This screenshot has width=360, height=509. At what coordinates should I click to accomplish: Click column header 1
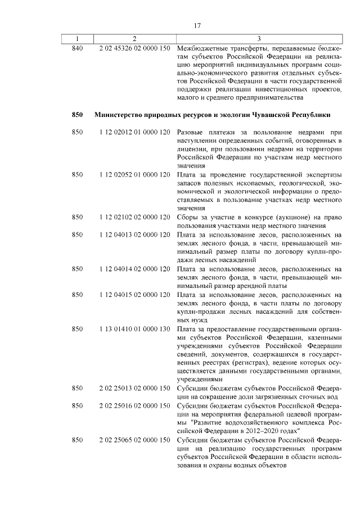78,38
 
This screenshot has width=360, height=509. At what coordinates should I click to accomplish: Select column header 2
134,38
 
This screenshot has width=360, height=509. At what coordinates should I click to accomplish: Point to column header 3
258,38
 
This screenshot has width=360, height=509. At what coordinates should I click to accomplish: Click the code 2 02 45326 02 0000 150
134,49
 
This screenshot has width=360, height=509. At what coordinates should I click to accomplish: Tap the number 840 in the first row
78,49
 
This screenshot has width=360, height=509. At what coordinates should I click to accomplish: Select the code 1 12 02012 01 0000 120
134,132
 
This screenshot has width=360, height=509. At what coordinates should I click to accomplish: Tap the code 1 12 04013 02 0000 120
134,236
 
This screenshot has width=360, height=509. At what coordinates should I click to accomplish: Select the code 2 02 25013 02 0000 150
134,388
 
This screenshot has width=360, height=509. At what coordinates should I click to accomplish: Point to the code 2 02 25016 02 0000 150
134,406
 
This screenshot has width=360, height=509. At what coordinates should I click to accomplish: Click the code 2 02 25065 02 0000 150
134,440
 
